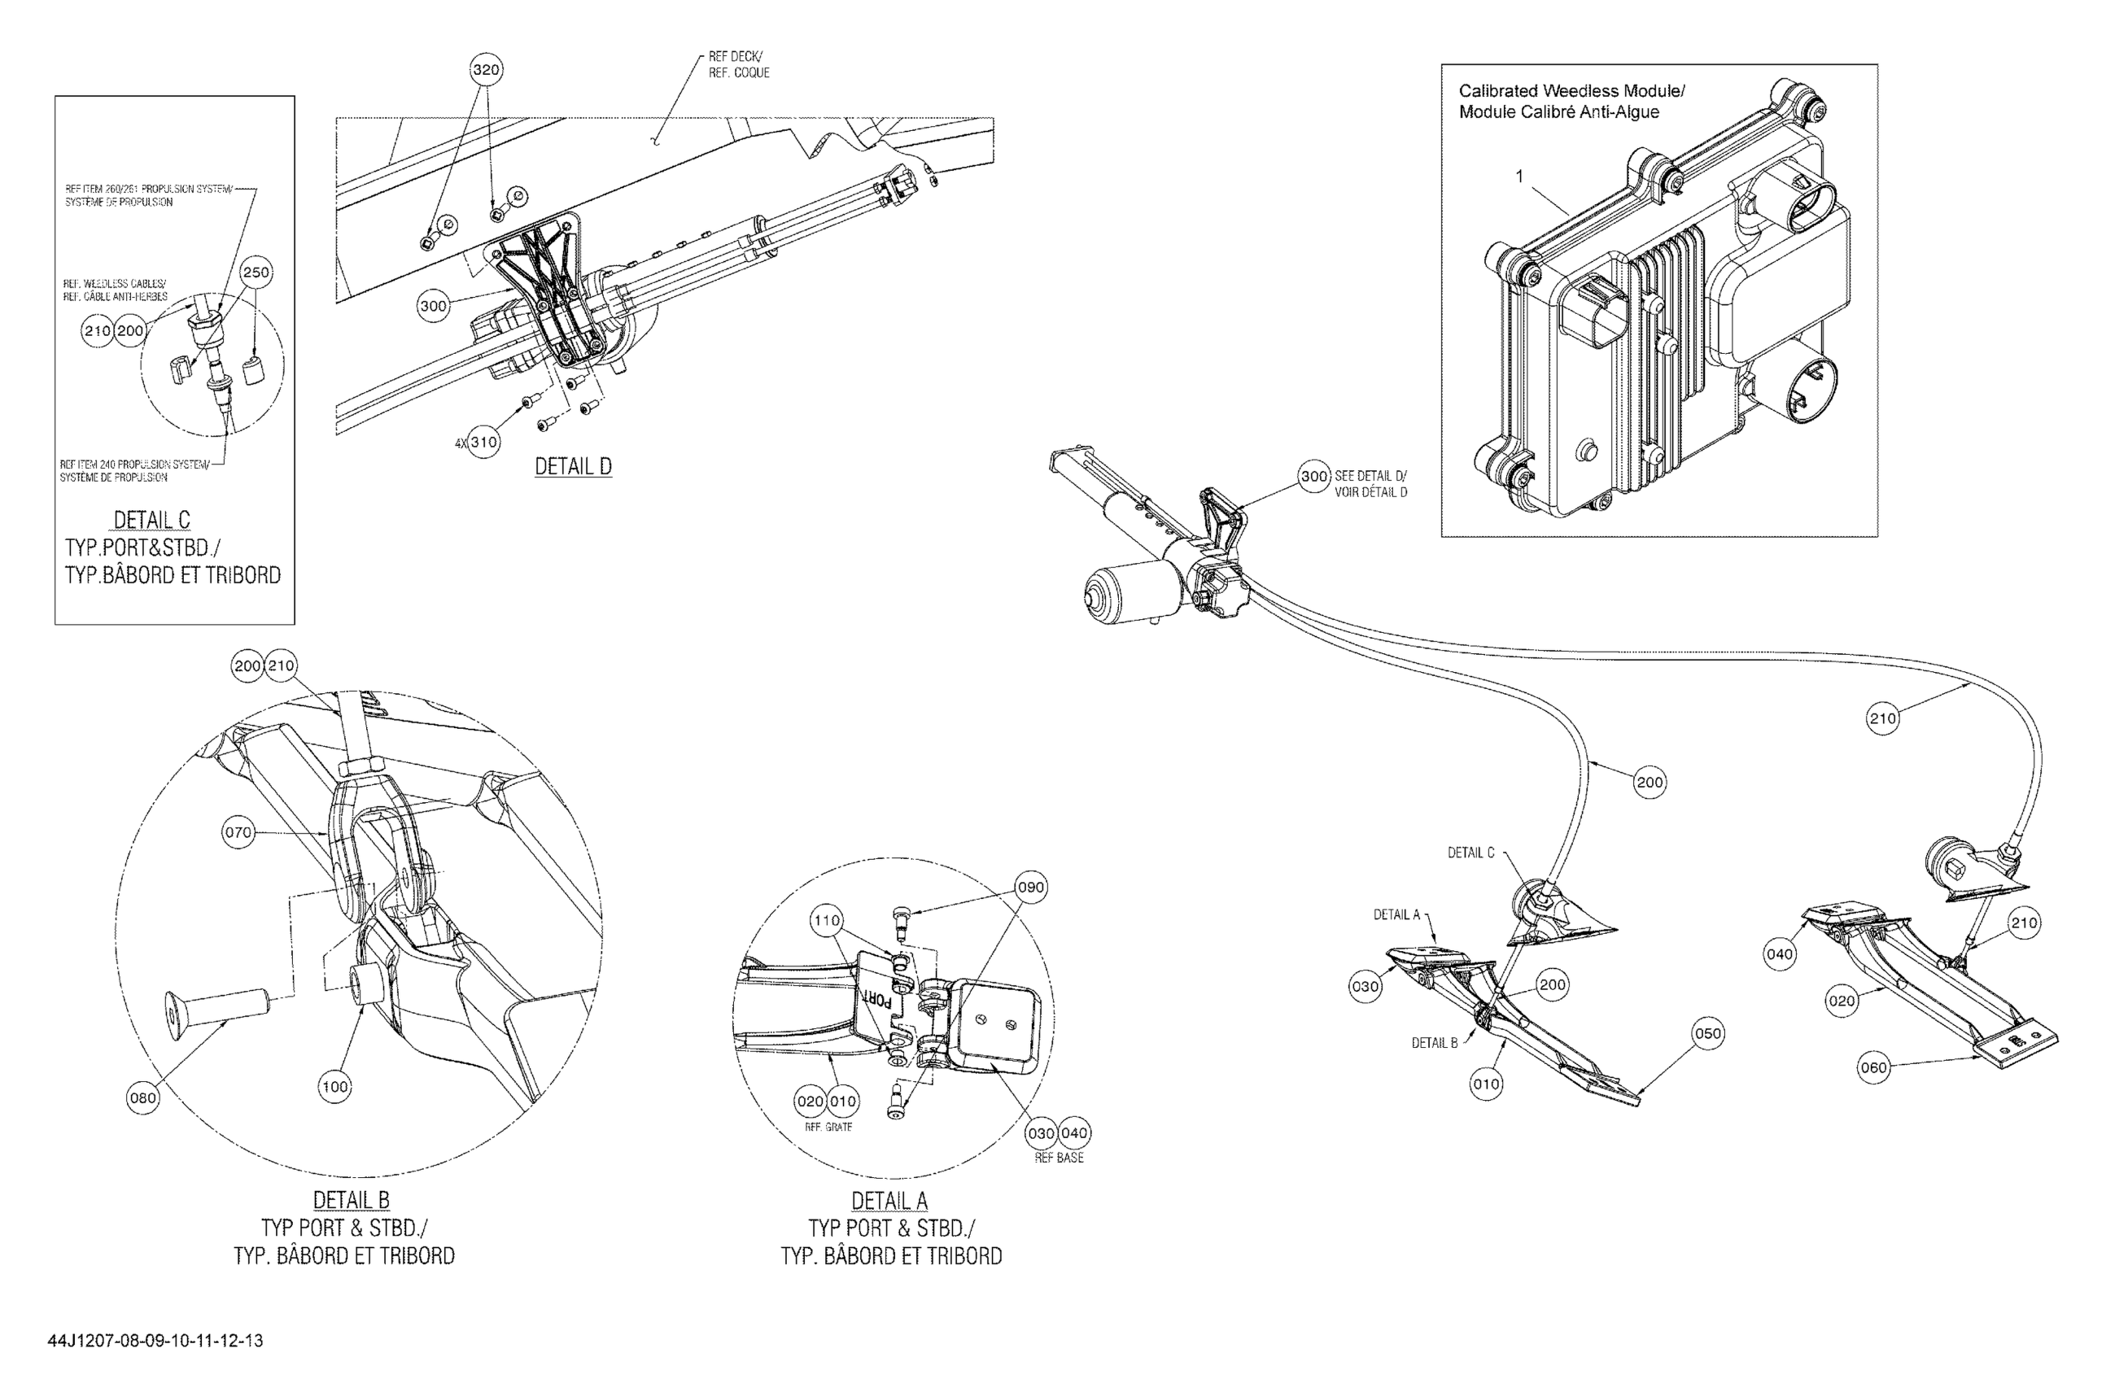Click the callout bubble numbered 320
coord(486,70)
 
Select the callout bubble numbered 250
coord(256,273)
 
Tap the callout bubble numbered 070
coord(238,832)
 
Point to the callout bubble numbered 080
coord(143,1097)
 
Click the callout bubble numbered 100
coord(334,1087)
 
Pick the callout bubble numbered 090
coord(1031,888)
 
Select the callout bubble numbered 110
coord(826,920)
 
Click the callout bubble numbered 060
coord(1873,1067)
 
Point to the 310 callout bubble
coord(483,442)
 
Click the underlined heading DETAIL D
coord(573,467)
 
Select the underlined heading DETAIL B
coord(351,1201)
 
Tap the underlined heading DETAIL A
coord(889,1201)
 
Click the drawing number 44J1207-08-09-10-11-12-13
coord(155,1341)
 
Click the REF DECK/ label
coord(735,56)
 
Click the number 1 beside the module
coord(1519,177)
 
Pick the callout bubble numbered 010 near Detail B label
coord(1486,1084)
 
